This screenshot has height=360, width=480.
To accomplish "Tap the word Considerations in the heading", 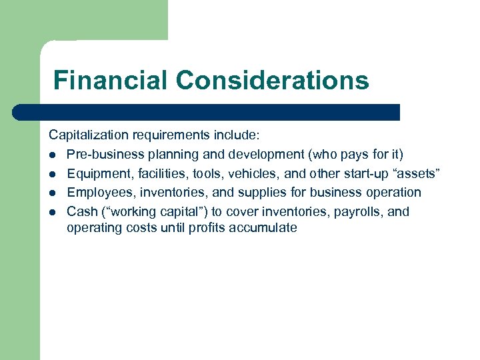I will pos(272,81).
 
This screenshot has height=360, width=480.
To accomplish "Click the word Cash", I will pos(80,211).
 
